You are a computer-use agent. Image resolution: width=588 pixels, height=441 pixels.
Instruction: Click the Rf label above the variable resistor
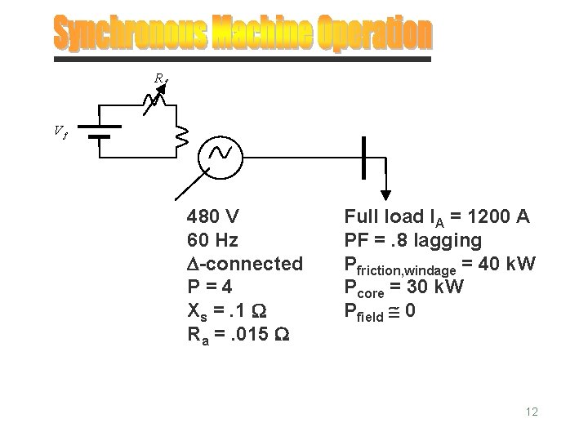160,78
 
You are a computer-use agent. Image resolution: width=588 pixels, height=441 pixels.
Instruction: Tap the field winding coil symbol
181,138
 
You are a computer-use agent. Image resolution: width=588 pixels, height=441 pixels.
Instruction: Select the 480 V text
212,217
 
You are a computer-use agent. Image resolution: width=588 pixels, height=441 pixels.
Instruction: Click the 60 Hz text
212,241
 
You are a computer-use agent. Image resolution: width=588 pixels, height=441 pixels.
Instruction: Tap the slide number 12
532,412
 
